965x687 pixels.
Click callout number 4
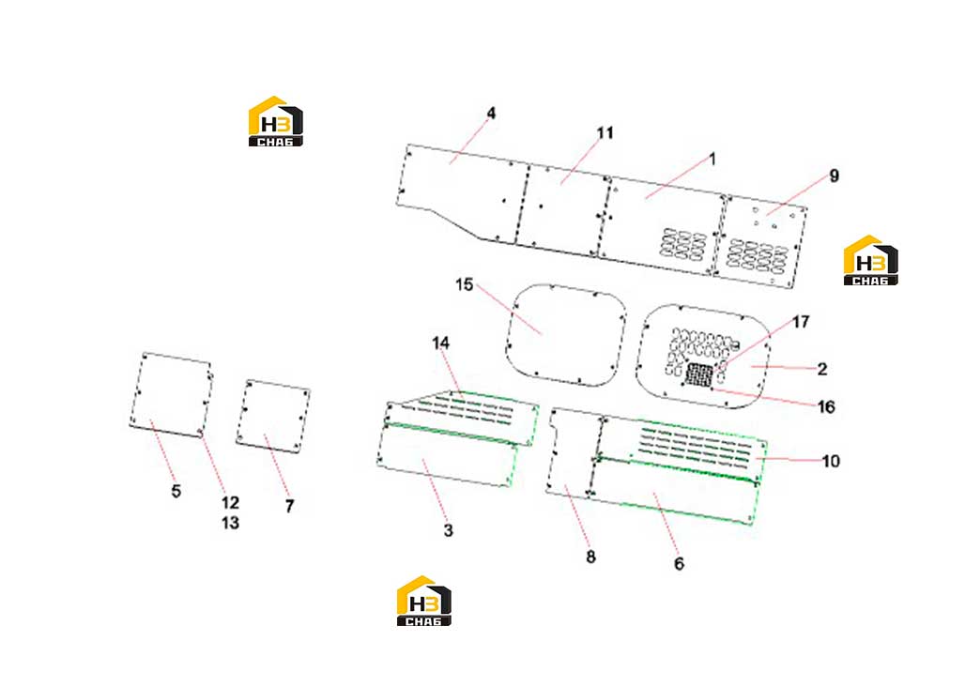pos(491,114)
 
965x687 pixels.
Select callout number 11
pos(605,133)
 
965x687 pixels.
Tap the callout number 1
pos(712,160)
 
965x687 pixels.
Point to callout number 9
pos(834,176)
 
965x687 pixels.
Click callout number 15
pos(464,284)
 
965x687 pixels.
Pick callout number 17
pos(801,322)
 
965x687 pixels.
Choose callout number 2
pos(822,369)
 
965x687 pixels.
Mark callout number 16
pos(826,406)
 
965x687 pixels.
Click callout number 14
pos(440,343)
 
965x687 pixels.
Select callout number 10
pos(831,461)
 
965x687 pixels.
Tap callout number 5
pos(176,491)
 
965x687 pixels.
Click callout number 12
pos(230,502)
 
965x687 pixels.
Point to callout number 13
pos(230,523)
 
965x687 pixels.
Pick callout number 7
pos(289,506)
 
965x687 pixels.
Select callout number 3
pos(448,530)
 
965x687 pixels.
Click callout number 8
pos(590,557)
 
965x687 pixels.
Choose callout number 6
pos(679,563)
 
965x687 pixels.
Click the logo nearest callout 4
pos(276,121)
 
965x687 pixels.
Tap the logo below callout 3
pos(424,601)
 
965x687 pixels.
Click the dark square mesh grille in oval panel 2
pos(699,374)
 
